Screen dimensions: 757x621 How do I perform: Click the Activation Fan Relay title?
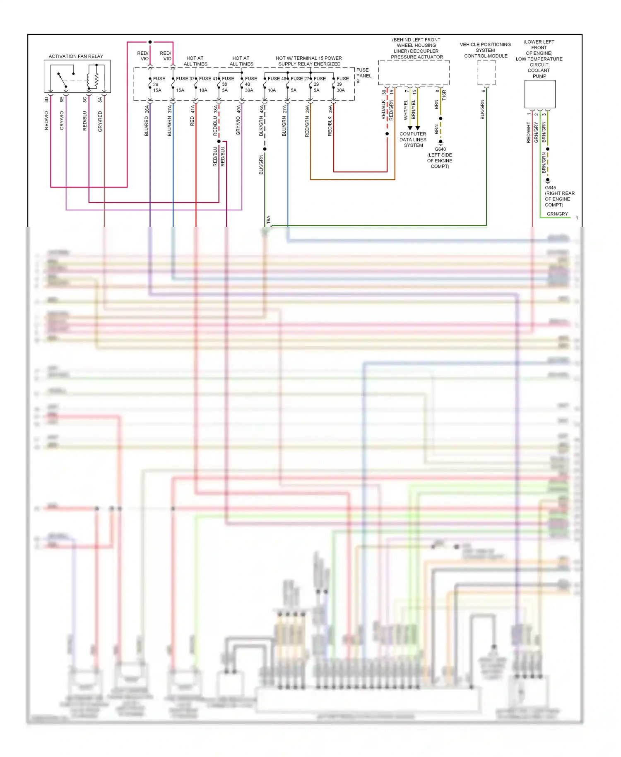[x=76, y=56]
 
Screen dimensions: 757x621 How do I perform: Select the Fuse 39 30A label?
[x=342, y=84]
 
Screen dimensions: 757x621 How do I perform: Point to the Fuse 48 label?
[x=277, y=78]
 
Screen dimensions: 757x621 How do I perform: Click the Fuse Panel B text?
[x=363, y=75]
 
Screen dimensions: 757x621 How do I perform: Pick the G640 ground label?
[x=440, y=149]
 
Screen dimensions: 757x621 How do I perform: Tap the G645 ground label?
[x=550, y=188]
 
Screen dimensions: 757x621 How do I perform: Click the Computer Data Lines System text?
[x=413, y=140]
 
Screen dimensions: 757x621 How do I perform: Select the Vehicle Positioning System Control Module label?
[x=485, y=50]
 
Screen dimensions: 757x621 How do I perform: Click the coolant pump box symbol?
[x=540, y=94]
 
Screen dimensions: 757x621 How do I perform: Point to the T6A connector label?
[x=268, y=219]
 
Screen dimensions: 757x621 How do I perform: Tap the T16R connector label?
[x=444, y=95]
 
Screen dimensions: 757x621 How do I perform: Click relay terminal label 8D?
[x=46, y=99]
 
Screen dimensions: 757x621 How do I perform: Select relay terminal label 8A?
[x=100, y=99]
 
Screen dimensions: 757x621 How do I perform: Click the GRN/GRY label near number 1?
[x=557, y=214]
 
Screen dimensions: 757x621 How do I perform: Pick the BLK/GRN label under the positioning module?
[x=482, y=109]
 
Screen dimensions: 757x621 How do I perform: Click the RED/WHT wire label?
[x=528, y=132]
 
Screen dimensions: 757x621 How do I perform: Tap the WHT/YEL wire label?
[x=406, y=110]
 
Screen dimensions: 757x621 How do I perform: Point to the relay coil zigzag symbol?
[x=96, y=80]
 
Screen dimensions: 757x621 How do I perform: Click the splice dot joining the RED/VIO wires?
[x=150, y=42]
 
